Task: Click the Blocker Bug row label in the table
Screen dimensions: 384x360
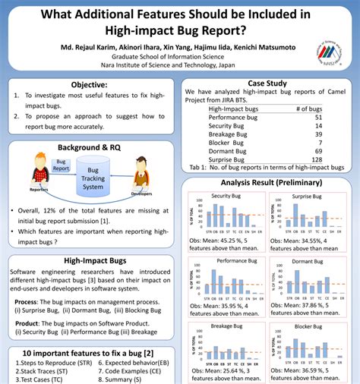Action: (x=227, y=143)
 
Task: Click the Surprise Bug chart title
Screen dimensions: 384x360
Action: (x=306, y=196)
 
